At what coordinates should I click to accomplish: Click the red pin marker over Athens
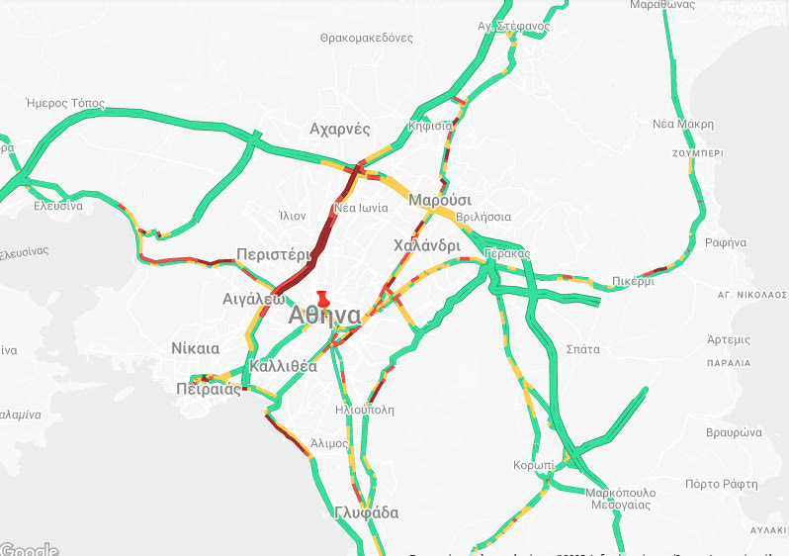point(322,299)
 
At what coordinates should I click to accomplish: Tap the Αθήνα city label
point(324,316)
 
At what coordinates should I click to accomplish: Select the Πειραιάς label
point(209,389)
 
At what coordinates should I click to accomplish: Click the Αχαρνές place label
point(339,130)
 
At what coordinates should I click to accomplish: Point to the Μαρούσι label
point(438,199)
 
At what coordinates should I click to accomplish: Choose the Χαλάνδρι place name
point(426,245)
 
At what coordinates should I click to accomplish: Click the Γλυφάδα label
point(366,512)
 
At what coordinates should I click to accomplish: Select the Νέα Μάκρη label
point(683,125)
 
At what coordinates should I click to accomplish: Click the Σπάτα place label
point(582,349)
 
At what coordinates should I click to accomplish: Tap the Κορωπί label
point(533,465)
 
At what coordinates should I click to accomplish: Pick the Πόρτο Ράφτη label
point(721,484)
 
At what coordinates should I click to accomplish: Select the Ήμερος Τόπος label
point(64,103)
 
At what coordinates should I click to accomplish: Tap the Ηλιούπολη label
point(365,408)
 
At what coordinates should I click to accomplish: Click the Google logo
point(29,549)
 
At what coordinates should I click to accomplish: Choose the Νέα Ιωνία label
point(359,208)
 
